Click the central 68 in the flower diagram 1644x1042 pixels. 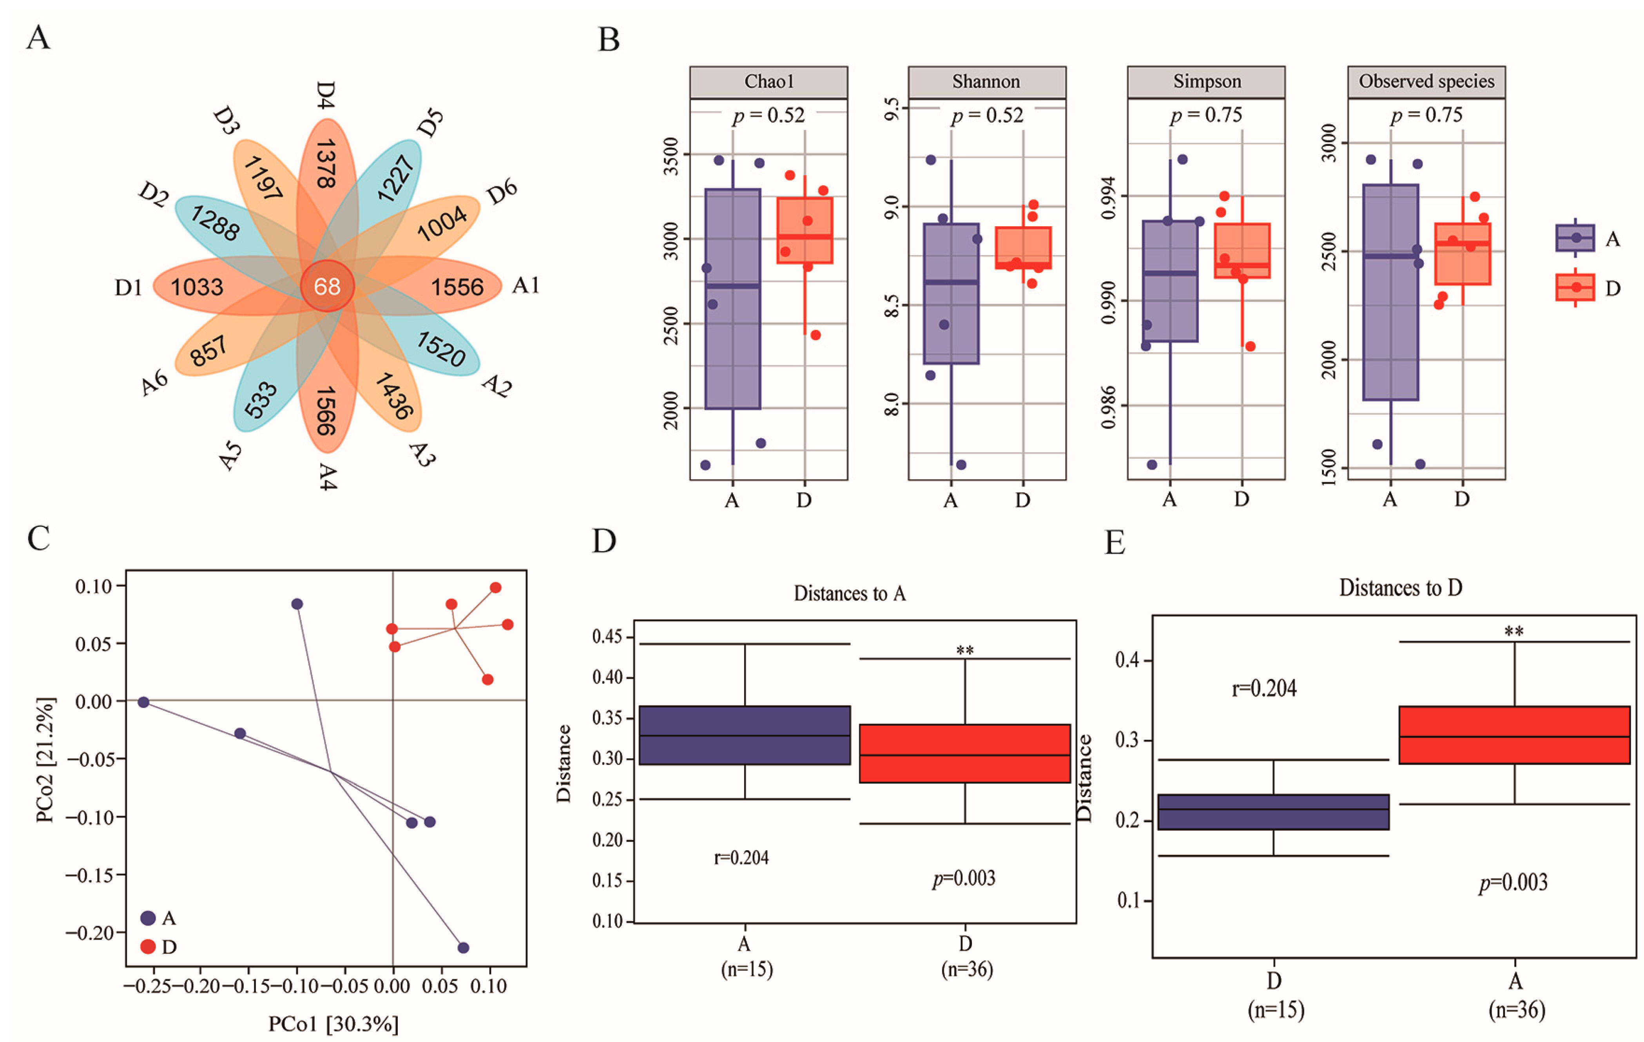point(327,286)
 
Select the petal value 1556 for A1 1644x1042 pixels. point(457,287)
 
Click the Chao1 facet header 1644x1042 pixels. point(769,82)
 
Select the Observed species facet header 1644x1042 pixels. point(1426,82)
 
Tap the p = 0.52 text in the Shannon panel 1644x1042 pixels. point(987,115)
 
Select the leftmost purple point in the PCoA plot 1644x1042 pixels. point(143,702)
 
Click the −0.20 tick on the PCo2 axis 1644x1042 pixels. point(95,933)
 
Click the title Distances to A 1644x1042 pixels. point(849,594)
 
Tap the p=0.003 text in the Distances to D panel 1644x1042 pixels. point(1513,883)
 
